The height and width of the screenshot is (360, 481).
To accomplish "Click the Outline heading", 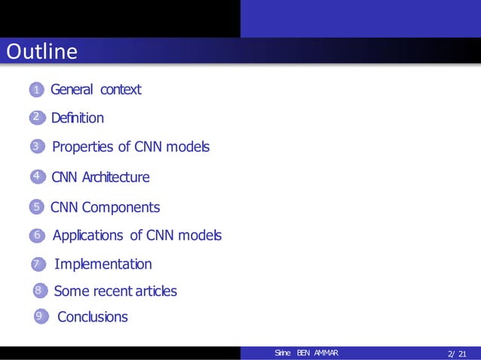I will coord(42,52).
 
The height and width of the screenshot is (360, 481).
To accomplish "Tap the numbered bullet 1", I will coord(35,90).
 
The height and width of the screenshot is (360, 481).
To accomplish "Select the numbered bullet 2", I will coord(35,118).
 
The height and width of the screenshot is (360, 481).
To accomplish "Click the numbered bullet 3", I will coord(35,147).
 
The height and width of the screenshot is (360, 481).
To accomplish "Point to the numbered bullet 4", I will coord(35,177).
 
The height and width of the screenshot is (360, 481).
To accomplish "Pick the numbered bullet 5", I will coord(35,207).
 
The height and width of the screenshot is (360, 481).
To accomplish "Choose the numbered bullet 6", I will coord(35,236).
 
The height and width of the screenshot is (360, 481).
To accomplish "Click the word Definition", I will coord(77,118).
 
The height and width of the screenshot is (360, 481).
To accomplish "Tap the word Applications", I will coord(87,236).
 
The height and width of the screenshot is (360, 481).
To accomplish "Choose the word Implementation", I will coord(103,264).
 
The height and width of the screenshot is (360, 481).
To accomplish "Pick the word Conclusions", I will coord(93,317).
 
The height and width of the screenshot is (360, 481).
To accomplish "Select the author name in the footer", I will coord(307,354).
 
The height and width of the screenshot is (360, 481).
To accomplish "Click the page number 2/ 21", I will coord(457,354).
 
